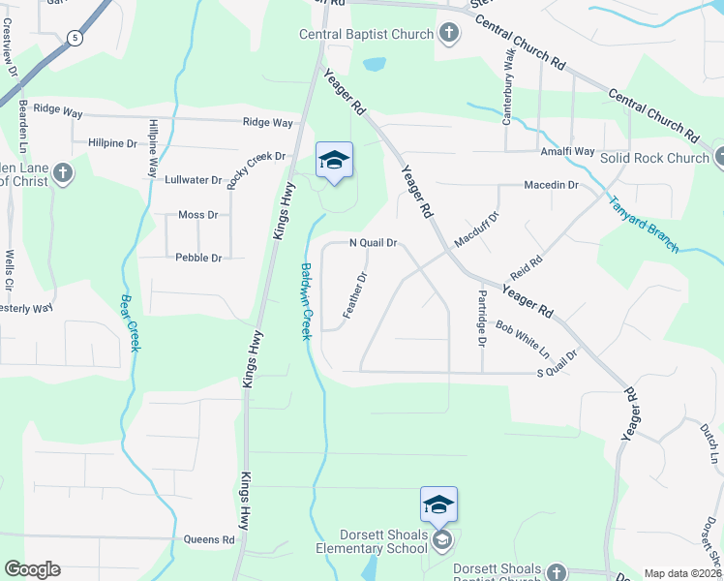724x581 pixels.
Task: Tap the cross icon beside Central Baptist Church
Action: point(448,35)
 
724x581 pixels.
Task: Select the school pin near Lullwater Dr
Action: point(334,162)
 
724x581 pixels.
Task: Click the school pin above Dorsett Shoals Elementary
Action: point(437,505)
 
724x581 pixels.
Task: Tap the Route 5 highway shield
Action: point(75,38)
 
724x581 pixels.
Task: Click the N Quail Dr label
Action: point(373,243)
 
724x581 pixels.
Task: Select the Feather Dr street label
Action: point(355,295)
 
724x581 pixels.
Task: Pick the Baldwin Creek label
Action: point(306,301)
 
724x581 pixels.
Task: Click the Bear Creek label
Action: point(127,322)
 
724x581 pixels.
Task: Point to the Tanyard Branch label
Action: point(643,225)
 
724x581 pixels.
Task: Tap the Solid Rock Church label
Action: point(654,158)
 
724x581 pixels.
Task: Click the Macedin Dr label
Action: point(551,184)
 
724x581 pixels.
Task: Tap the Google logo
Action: point(32,569)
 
